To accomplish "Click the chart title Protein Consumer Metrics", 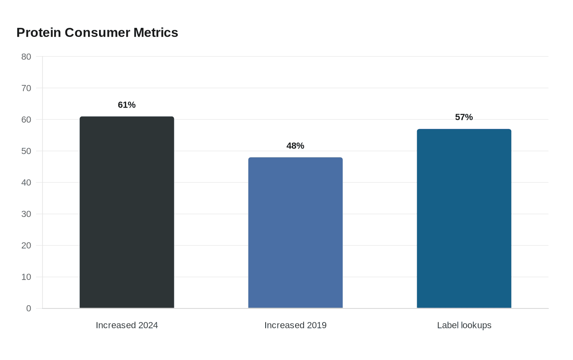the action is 97,33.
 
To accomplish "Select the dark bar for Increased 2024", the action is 127,212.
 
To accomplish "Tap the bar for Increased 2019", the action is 296,233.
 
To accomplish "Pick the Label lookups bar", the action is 464,218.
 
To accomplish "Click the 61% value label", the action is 126,105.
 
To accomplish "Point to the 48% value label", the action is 295,146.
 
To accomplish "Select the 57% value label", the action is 464,117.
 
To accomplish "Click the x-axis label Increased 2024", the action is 127,325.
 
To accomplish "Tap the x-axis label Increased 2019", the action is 296,325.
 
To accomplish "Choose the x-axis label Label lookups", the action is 464,326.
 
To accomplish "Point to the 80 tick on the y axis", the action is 26,57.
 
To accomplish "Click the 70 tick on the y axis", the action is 26,88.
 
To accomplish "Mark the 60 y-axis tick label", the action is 26,119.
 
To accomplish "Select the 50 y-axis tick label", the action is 26,151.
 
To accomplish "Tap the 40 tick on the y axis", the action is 26,182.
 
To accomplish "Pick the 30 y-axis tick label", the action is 26,214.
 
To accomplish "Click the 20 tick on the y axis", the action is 26,245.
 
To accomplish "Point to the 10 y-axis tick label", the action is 26,277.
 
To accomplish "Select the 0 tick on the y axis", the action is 29,308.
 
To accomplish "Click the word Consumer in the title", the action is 97,33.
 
